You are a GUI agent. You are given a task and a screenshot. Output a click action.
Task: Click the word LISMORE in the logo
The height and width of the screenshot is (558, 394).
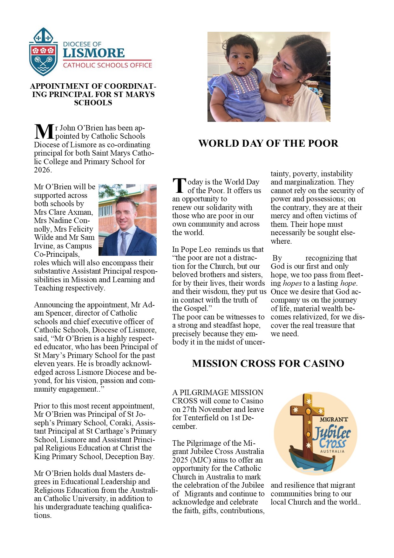click(94, 53)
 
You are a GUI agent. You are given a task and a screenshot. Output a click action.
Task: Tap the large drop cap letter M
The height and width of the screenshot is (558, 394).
click(44, 132)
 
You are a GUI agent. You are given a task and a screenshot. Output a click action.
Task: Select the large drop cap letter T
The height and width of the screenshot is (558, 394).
click(179, 185)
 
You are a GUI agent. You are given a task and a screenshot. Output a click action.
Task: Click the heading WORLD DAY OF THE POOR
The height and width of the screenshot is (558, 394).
click(268, 143)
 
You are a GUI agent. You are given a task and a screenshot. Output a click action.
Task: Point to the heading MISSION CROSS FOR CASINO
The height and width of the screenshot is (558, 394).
click(268, 363)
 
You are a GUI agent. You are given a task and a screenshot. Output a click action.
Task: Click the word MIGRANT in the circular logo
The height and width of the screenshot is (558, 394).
click(334, 420)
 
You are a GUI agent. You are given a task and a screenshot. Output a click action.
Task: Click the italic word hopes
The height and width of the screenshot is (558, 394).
click(292, 283)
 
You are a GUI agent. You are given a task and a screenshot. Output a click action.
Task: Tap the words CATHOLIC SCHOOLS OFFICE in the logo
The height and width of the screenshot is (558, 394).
click(107, 65)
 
